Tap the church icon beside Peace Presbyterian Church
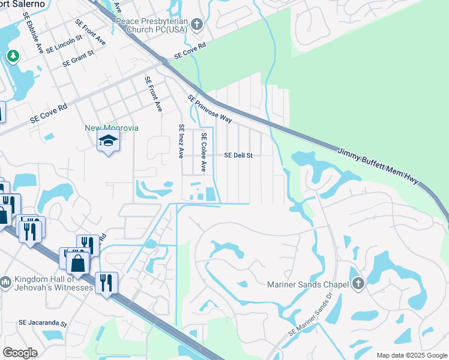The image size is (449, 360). click(197, 25)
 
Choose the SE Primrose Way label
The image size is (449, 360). click(209, 109)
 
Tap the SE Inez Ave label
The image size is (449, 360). click(179, 141)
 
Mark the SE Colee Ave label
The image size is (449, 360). click(204, 152)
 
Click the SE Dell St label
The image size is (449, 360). click(238, 155)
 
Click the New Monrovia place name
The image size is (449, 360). click(112, 128)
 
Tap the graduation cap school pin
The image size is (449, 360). click(109, 142)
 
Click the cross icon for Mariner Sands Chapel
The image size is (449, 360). click(358, 283)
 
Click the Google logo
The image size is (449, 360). click(20, 352)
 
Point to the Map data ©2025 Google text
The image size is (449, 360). click(411, 355)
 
